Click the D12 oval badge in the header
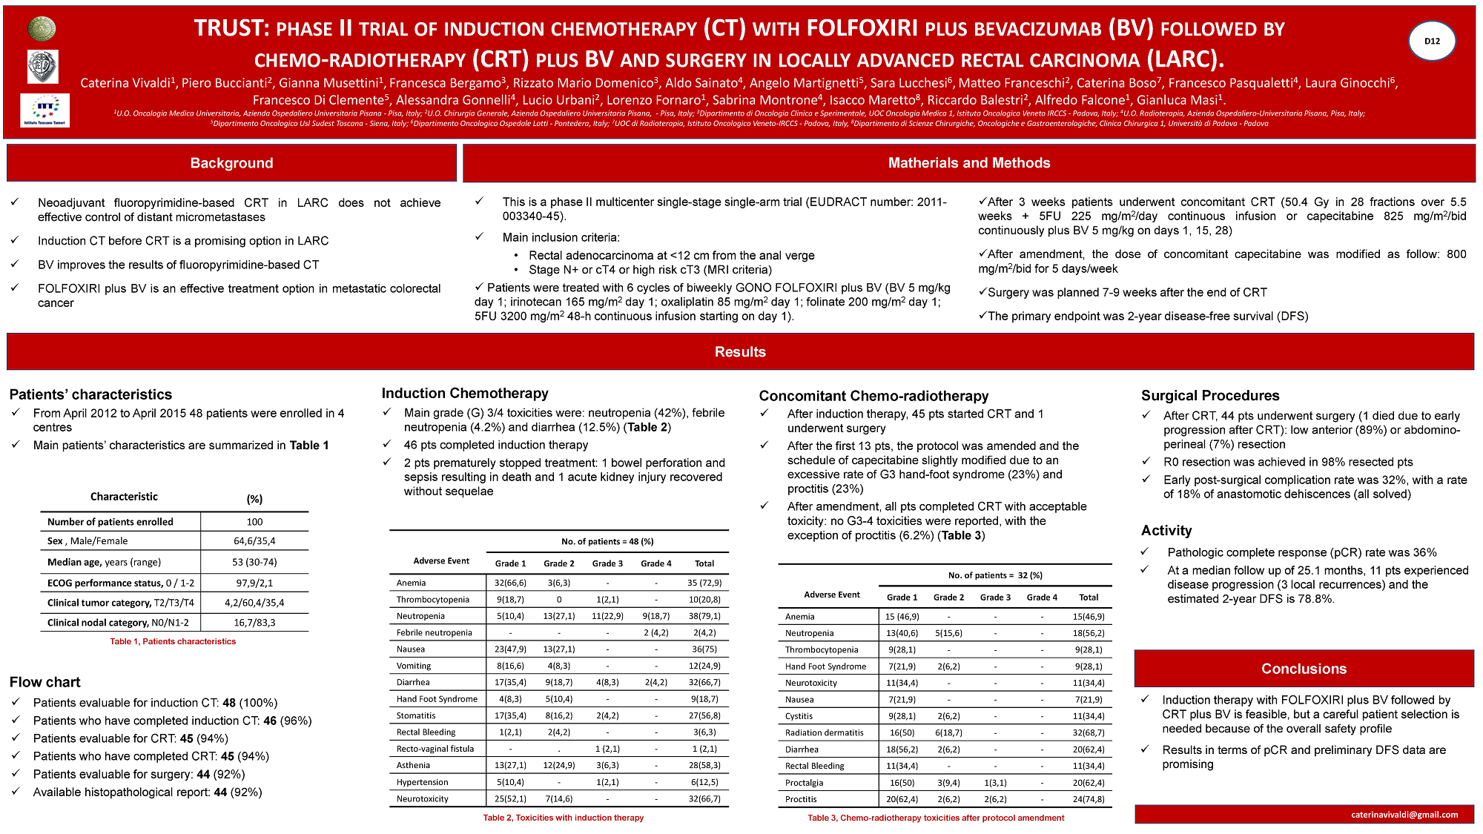click(x=1431, y=41)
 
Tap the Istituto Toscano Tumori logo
click(x=44, y=110)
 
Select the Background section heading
click(x=231, y=163)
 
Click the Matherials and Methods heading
click(x=968, y=163)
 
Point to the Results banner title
click(x=740, y=352)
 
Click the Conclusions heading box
click(x=1304, y=669)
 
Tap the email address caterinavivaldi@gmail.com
click(x=1404, y=815)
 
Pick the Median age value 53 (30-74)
click(x=254, y=562)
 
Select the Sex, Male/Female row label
click(x=87, y=541)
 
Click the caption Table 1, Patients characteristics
click(x=173, y=642)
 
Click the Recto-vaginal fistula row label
click(x=435, y=749)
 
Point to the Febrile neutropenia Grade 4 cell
click(x=655, y=633)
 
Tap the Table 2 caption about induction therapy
click(x=563, y=818)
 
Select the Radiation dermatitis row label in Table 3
click(x=824, y=733)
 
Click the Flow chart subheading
click(x=45, y=682)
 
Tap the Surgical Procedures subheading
click(x=1210, y=396)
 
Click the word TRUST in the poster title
click(x=230, y=28)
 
